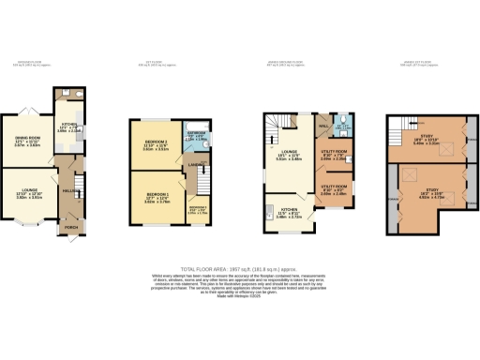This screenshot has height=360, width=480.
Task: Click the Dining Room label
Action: click(x=25, y=141)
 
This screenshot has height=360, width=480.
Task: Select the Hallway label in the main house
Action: click(x=69, y=190)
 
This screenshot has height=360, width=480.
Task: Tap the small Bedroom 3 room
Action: click(x=198, y=208)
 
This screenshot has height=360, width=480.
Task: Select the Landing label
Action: click(x=196, y=166)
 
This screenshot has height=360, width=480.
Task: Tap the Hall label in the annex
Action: click(x=322, y=125)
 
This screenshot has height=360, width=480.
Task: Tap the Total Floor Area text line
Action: click(x=240, y=269)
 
